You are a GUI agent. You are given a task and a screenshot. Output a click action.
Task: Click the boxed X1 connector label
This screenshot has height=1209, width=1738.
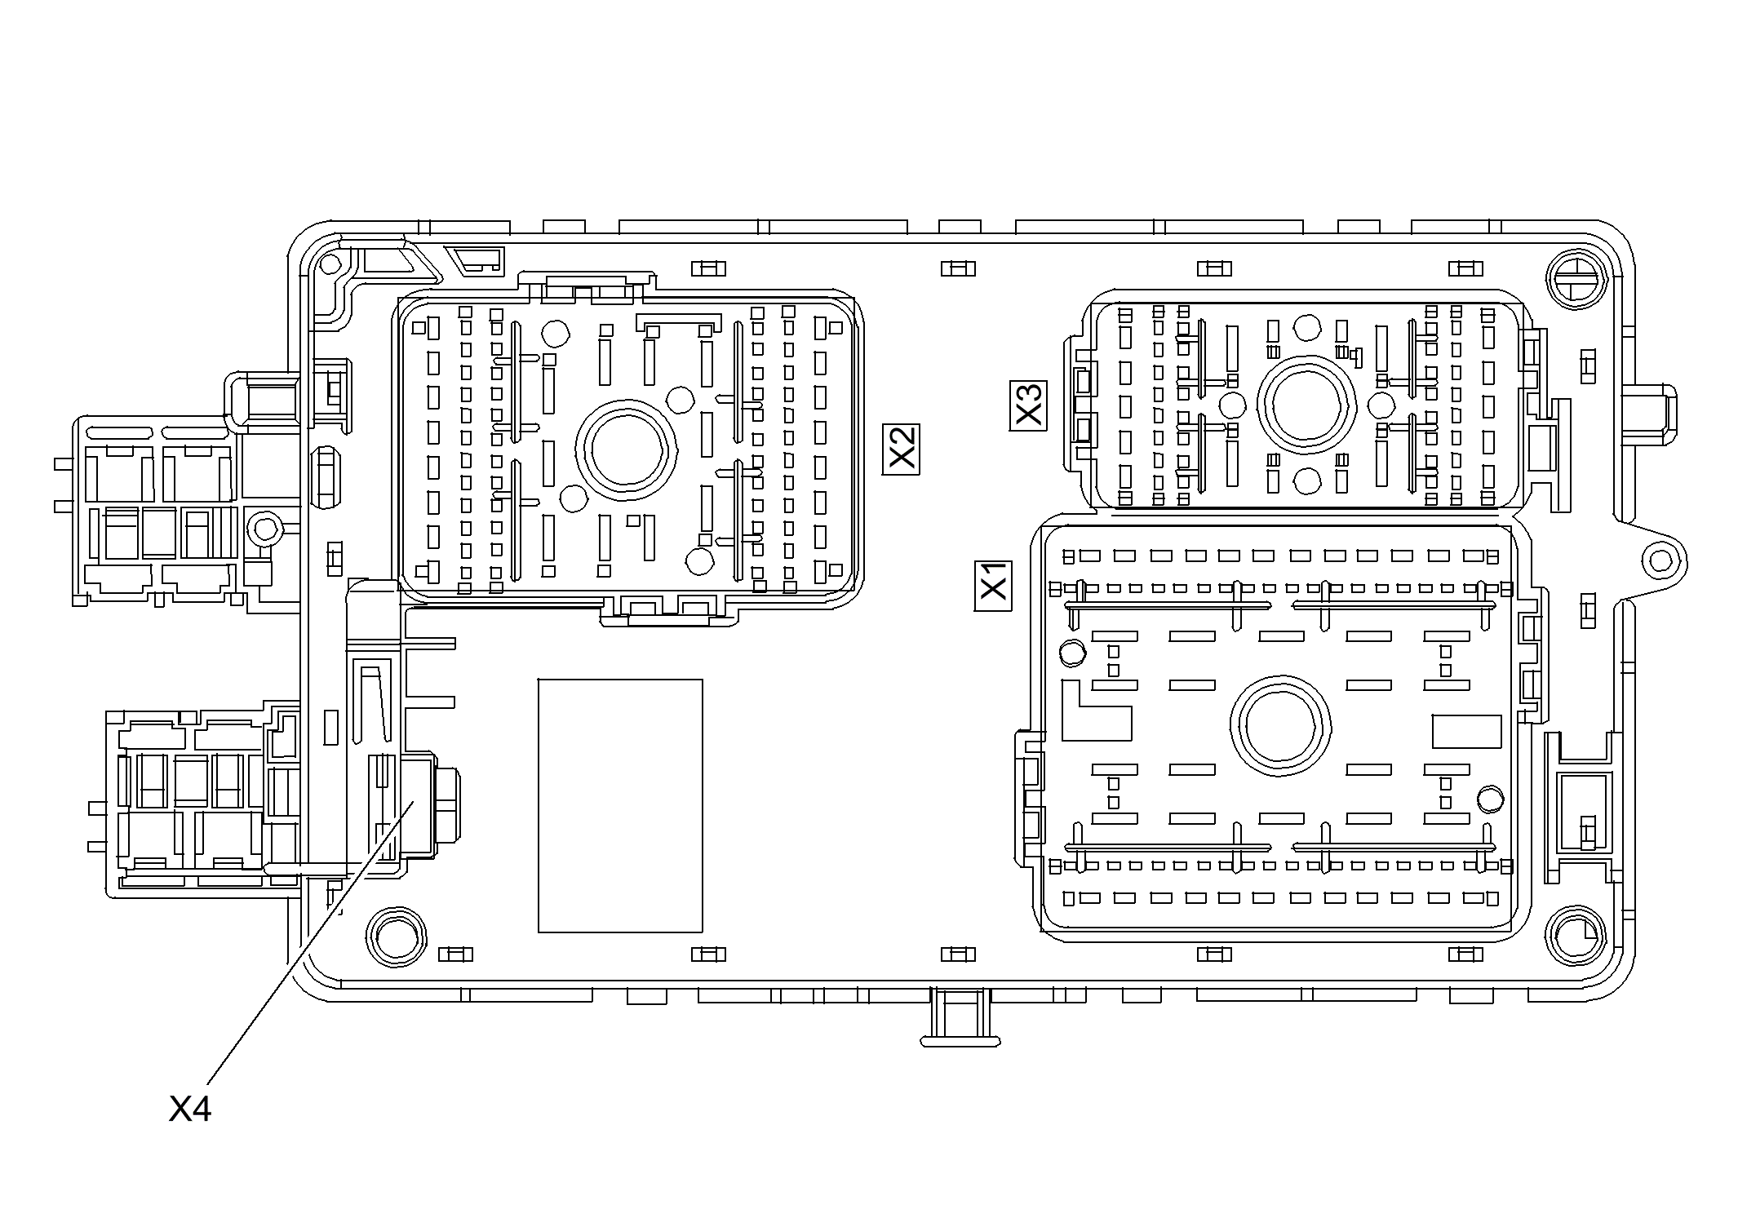pos(994,586)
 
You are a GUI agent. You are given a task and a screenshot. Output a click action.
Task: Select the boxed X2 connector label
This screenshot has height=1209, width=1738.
pos(902,449)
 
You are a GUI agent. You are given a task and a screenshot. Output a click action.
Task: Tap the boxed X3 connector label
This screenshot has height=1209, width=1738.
pos(1029,405)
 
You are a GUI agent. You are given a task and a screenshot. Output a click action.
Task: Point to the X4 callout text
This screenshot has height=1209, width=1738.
pos(190,1109)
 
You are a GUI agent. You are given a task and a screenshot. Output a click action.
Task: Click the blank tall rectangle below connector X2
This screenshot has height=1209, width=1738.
pos(620,805)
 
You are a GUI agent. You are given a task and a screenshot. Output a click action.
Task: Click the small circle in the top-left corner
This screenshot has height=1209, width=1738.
pos(330,263)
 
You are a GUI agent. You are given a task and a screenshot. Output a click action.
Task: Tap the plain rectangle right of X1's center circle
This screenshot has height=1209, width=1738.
pos(1467,731)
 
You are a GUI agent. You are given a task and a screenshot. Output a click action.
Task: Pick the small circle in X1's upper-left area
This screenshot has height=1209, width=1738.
pos(1072,652)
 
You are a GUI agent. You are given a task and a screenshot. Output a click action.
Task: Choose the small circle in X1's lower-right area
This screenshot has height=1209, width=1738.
pos(1490,799)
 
